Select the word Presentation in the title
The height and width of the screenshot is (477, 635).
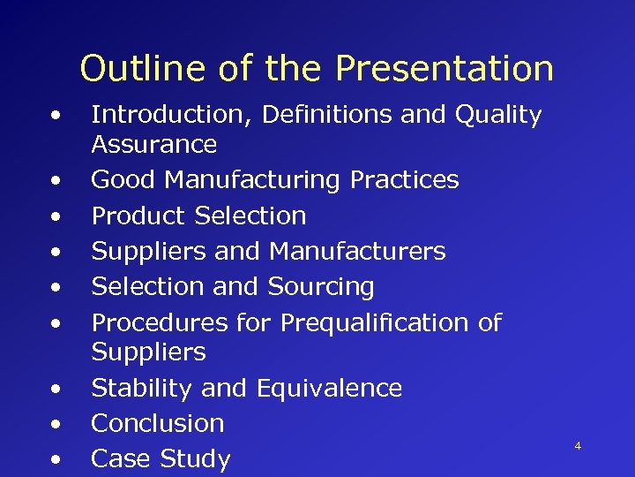coord(444,68)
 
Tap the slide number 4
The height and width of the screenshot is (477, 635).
coord(578,446)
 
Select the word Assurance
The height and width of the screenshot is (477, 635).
coord(154,144)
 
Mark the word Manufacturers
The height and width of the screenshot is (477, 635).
coord(357,252)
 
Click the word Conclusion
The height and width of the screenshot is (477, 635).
coord(158,423)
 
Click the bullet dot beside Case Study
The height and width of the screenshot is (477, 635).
coord(56,459)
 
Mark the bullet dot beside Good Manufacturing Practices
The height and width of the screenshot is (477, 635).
coord(56,180)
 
